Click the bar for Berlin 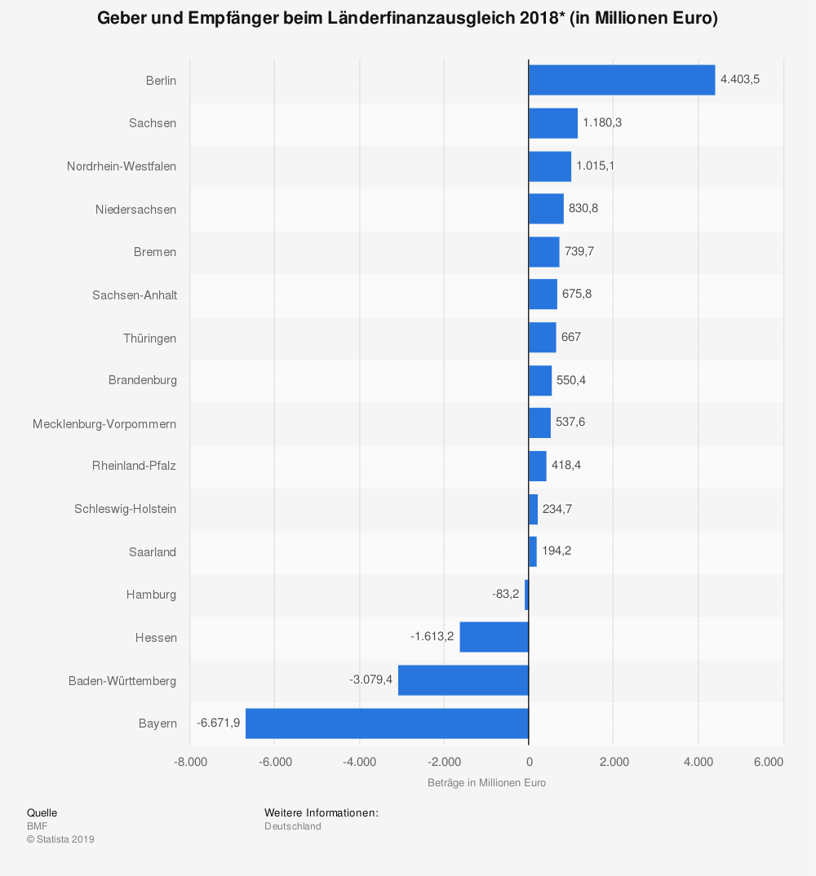tap(622, 80)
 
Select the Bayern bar tap(387, 723)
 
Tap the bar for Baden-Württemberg tap(463, 680)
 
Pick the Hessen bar tap(494, 637)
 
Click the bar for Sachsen tap(552, 123)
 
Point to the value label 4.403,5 tap(740, 79)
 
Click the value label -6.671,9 tap(218, 723)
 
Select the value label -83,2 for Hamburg tap(505, 594)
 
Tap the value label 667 tap(571, 337)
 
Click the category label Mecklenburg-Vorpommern tap(104, 423)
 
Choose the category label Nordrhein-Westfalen tap(122, 166)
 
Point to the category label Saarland tap(153, 552)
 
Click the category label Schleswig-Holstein tap(126, 509)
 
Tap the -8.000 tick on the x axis tap(190, 762)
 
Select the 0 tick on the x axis tap(529, 762)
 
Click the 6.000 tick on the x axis tap(768, 762)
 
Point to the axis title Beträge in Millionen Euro tap(486, 783)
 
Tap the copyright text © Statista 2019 tap(60, 839)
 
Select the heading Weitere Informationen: tap(321, 813)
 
